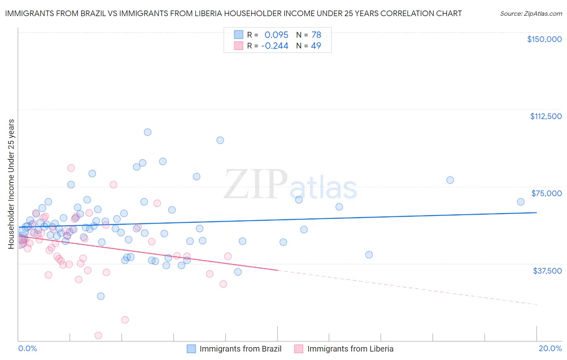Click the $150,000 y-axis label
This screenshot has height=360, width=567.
click(544, 39)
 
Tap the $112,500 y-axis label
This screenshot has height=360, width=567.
click(546, 116)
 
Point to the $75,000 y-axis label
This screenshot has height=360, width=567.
click(546, 193)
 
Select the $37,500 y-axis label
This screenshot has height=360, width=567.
click(547, 271)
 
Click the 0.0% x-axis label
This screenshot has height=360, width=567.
click(27, 348)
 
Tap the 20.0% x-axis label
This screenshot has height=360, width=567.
click(550, 348)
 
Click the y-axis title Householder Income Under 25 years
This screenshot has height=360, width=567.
click(11, 184)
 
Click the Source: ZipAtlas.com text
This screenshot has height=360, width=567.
click(531, 13)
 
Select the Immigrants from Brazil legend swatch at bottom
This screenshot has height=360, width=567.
click(191, 349)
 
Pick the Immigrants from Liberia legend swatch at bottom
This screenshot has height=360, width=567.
click(299, 349)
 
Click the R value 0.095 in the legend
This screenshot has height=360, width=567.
click(276, 35)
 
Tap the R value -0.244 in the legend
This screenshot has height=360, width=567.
click(275, 46)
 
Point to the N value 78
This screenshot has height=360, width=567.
click(316, 35)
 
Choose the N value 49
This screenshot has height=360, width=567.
click(316, 46)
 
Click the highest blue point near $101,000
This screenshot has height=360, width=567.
click(148, 132)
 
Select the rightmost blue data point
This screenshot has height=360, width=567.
click(521, 202)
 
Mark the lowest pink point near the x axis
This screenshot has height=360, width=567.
click(98, 335)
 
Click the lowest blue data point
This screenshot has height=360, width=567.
click(101, 296)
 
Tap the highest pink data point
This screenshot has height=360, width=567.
click(71, 168)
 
